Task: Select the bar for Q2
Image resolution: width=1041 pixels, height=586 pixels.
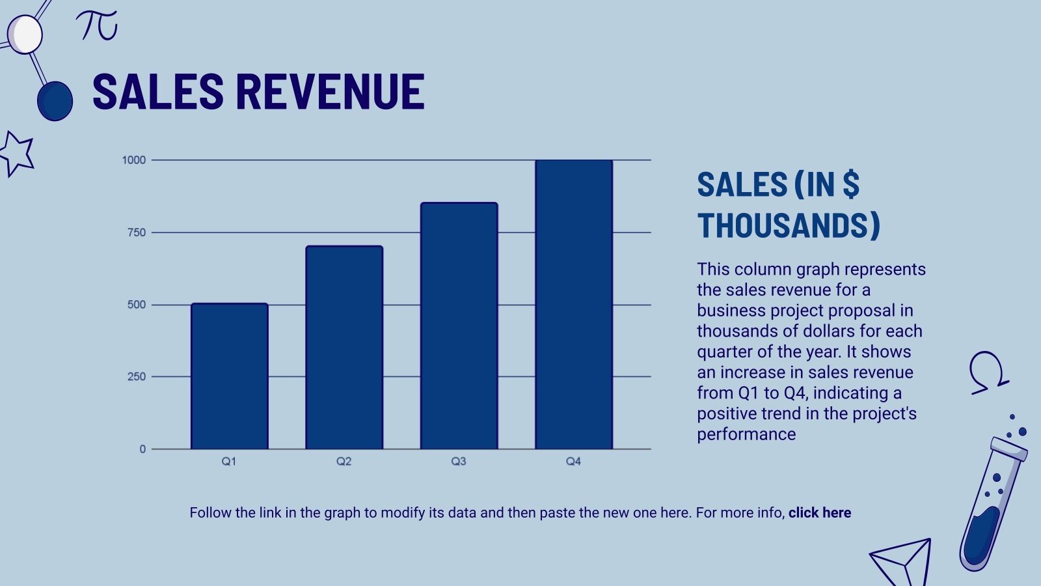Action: [344, 348]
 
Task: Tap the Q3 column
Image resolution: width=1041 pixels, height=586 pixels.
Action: [459, 326]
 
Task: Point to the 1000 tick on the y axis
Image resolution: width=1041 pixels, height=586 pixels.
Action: [134, 160]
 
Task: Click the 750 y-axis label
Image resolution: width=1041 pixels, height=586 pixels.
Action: [137, 232]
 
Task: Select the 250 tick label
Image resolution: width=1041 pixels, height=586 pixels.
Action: [137, 377]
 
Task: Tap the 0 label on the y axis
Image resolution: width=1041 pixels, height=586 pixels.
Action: [142, 449]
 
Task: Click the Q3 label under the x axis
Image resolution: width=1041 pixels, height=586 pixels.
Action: [459, 462]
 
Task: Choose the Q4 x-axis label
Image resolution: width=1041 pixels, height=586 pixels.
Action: [573, 462]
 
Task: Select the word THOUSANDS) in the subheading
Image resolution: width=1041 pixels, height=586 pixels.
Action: [789, 226]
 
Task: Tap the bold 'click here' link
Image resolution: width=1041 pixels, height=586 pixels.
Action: [820, 513]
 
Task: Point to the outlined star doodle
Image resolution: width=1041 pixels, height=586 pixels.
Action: [17, 154]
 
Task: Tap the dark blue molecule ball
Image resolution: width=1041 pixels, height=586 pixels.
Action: [55, 101]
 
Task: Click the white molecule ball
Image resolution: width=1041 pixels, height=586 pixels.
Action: [25, 35]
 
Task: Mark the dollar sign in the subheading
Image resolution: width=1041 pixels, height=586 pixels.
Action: [851, 185]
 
